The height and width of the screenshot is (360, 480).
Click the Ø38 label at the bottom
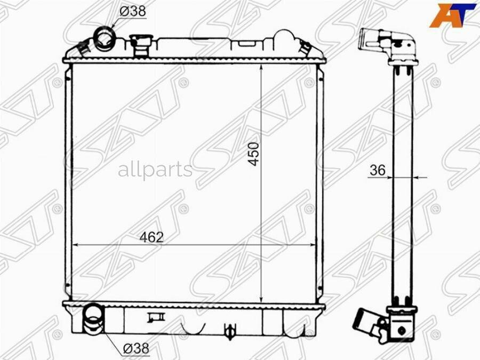[x=136, y=349]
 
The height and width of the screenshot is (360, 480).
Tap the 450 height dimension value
[x=254, y=154]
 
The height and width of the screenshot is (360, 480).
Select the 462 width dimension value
[x=152, y=237]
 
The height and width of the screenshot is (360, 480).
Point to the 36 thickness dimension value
[x=377, y=170]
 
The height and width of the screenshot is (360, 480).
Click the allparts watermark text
[x=155, y=170]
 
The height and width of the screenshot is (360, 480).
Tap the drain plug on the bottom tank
[x=229, y=331]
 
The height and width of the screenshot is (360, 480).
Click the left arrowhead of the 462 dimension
[x=75, y=245]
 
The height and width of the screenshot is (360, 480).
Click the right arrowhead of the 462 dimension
[x=314, y=245]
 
